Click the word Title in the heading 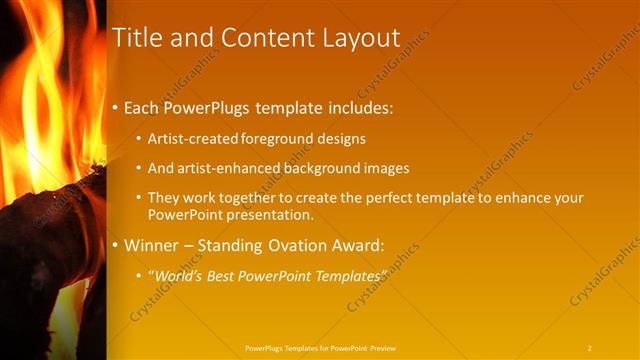tap(139, 38)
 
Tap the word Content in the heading tap(257, 38)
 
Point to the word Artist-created tap(192, 139)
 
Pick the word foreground tap(283, 139)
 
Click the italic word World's tap(178, 274)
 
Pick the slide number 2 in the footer tap(589, 347)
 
